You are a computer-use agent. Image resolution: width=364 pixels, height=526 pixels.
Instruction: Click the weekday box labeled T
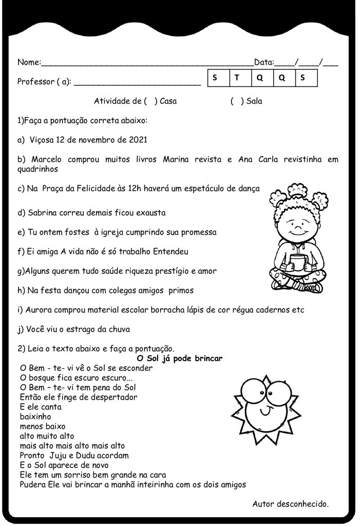[x=237, y=78]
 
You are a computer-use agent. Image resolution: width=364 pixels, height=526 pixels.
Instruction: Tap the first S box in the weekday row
[x=214, y=78]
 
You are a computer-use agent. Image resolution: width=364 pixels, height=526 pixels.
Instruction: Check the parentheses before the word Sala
[x=237, y=101]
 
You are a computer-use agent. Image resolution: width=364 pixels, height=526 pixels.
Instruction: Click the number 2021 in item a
[x=137, y=140]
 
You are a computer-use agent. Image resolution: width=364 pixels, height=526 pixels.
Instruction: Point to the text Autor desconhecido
[x=290, y=504]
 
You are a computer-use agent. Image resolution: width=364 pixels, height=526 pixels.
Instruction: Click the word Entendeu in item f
[x=170, y=252]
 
